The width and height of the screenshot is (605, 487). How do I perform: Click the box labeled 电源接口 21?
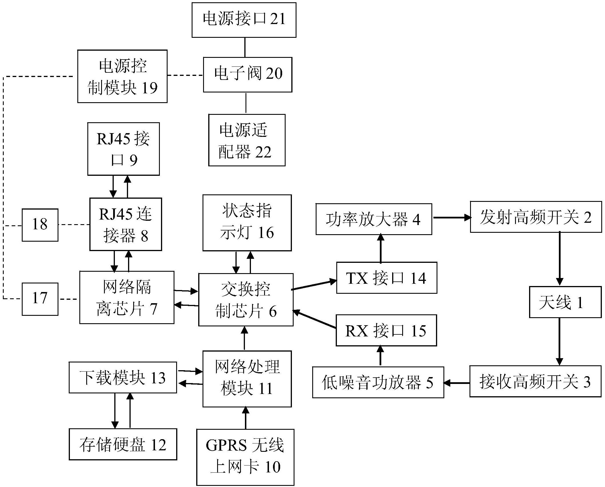244,20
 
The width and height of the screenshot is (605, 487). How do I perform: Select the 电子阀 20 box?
247,74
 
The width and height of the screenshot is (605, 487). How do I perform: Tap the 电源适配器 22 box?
247,140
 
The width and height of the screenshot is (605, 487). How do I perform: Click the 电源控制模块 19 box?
122,76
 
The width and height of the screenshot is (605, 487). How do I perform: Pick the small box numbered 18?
40,225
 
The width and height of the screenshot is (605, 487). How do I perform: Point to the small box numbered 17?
40,299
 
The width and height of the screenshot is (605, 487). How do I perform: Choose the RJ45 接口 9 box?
123,149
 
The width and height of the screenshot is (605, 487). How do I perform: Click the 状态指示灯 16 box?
247,223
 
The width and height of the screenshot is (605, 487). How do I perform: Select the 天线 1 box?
565,302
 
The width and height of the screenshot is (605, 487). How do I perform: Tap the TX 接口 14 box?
386,278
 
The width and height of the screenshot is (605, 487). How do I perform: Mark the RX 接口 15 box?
386,330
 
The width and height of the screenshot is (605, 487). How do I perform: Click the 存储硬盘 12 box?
123,444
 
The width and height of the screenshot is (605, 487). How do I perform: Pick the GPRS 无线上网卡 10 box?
245,457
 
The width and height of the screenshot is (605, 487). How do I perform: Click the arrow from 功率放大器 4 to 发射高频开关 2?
451,218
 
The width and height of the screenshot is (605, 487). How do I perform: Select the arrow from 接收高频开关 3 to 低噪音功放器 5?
457,382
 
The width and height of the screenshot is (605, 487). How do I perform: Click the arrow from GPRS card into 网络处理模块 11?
245,418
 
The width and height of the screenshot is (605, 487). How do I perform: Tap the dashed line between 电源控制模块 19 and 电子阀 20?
185,76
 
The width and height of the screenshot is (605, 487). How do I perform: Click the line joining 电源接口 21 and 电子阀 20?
245,47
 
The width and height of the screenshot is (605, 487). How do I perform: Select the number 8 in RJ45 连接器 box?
144,236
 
